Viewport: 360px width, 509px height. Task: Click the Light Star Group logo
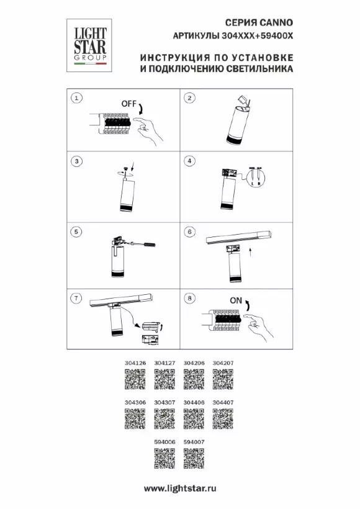[x=89, y=45]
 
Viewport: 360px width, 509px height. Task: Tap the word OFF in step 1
[x=129, y=104]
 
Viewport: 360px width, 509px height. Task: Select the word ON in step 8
[x=236, y=300]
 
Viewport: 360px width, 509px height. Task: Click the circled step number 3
[x=76, y=161]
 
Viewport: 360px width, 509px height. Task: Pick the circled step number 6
[x=189, y=232]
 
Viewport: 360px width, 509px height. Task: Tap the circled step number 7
[x=76, y=298]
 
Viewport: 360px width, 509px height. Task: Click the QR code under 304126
[x=135, y=379]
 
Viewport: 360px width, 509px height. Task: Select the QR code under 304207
[x=223, y=379]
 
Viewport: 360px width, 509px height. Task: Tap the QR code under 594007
[x=194, y=458]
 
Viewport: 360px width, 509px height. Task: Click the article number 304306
[x=135, y=402]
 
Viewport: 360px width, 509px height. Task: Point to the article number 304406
[x=194, y=402]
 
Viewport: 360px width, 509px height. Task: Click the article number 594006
[x=164, y=442]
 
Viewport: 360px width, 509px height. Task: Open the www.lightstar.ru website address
[x=180, y=489]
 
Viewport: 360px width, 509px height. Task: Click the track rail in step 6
[x=238, y=237]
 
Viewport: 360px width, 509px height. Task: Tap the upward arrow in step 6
[x=250, y=252]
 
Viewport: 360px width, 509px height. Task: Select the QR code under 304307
[x=164, y=419]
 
